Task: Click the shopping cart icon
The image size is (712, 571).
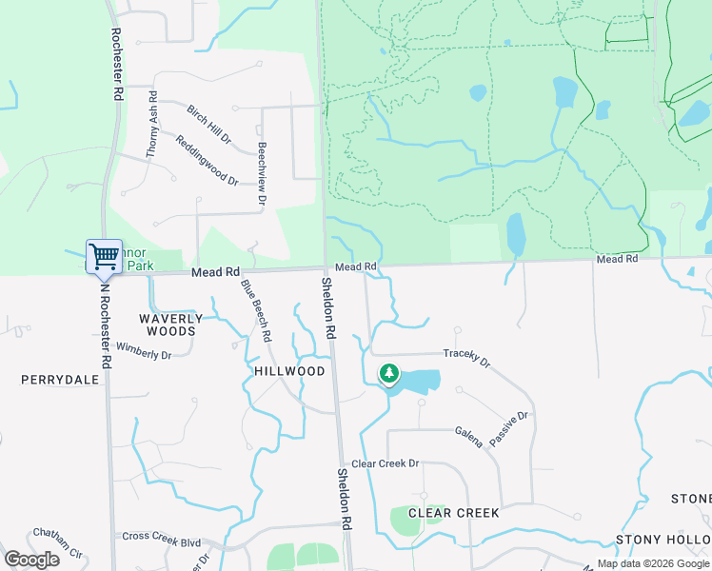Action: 104,256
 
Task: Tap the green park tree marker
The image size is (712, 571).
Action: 388,374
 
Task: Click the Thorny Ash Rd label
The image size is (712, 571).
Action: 152,125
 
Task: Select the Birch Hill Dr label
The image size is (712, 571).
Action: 209,125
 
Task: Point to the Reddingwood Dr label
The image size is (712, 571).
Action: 207,159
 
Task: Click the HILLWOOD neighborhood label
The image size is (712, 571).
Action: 290,371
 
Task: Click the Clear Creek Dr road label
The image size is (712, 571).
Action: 386,463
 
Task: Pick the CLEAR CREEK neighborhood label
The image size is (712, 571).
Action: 453,513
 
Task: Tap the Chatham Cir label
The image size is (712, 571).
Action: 59,541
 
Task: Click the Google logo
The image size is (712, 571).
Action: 31,560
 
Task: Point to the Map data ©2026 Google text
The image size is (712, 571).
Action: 653,563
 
